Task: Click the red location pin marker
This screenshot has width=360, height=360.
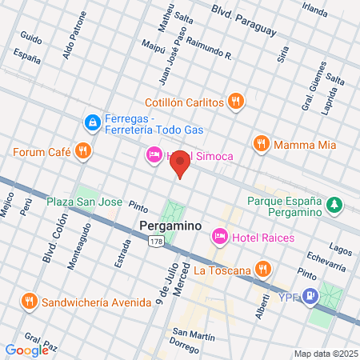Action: pyautogui.click(x=180, y=164)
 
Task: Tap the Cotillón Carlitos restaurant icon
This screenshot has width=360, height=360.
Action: pyautogui.click(x=234, y=102)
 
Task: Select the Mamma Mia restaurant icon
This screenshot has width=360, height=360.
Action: pyautogui.click(x=261, y=144)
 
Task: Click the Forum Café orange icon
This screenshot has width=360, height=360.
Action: pyautogui.click(x=82, y=150)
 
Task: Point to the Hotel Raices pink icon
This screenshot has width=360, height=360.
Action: pyautogui.click(x=219, y=237)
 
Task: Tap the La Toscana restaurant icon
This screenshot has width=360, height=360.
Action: pyautogui.click(x=262, y=269)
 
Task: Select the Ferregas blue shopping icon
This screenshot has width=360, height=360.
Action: pyautogui.click(x=93, y=122)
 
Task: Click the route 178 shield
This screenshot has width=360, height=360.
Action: pyautogui.click(x=157, y=242)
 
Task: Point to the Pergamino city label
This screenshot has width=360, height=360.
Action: pyautogui.click(x=170, y=226)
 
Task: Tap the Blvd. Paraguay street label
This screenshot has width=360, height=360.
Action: pyautogui.click(x=243, y=20)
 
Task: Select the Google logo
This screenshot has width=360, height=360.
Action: pyautogui.click(x=26, y=350)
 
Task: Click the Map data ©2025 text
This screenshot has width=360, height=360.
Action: pyautogui.click(x=323, y=353)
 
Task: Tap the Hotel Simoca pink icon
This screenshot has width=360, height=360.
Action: pyautogui.click(x=154, y=154)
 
